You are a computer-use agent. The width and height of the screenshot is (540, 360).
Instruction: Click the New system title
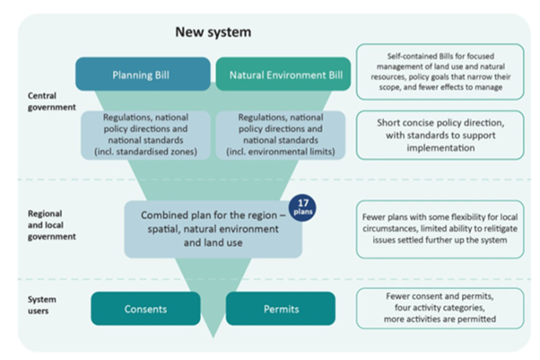213,32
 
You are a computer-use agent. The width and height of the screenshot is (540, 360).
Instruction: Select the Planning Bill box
144,75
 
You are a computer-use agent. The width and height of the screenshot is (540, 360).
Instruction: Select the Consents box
145,308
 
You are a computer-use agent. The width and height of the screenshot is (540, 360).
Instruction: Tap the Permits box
280,308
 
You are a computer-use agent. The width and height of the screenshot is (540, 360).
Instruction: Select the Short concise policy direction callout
440,132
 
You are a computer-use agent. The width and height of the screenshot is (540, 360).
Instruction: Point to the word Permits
280,308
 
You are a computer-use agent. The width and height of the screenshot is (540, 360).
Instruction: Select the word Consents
145,308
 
